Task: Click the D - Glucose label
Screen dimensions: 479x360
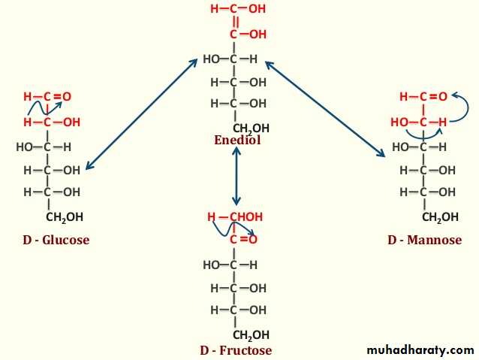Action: pyautogui.click(x=56, y=240)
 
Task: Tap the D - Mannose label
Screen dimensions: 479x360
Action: pyautogui.click(x=425, y=240)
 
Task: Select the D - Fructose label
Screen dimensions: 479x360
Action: pyautogui.click(x=236, y=350)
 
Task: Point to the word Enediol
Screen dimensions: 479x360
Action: pyautogui.click(x=237, y=140)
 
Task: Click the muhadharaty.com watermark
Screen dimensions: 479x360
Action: pyautogui.click(x=420, y=350)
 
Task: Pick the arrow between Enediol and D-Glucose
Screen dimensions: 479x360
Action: pyautogui.click(x=141, y=114)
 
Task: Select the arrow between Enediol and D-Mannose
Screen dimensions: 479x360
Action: pyautogui.click(x=325, y=109)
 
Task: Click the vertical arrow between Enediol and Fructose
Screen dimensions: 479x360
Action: pyautogui.click(x=236, y=176)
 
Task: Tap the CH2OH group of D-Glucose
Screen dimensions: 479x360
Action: pyautogui.click(x=65, y=217)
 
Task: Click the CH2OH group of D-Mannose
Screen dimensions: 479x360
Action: pyautogui.click(x=440, y=217)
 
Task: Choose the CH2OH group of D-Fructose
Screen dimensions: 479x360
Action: pyautogui.click(x=251, y=335)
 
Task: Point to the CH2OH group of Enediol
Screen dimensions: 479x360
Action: pyautogui.click(x=251, y=129)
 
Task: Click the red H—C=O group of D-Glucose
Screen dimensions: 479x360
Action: pyautogui.click(x=47, y=97)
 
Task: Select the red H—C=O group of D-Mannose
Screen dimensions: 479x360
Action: pyautogui.click(x=423, y=97)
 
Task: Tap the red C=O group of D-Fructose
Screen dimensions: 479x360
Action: pyautogui.click(x=243, y=239)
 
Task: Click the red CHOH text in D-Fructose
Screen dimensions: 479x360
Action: pyautogui.click(x=246, y=217)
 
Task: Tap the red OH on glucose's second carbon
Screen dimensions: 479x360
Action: pyautogui.click(x=72, y=123)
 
